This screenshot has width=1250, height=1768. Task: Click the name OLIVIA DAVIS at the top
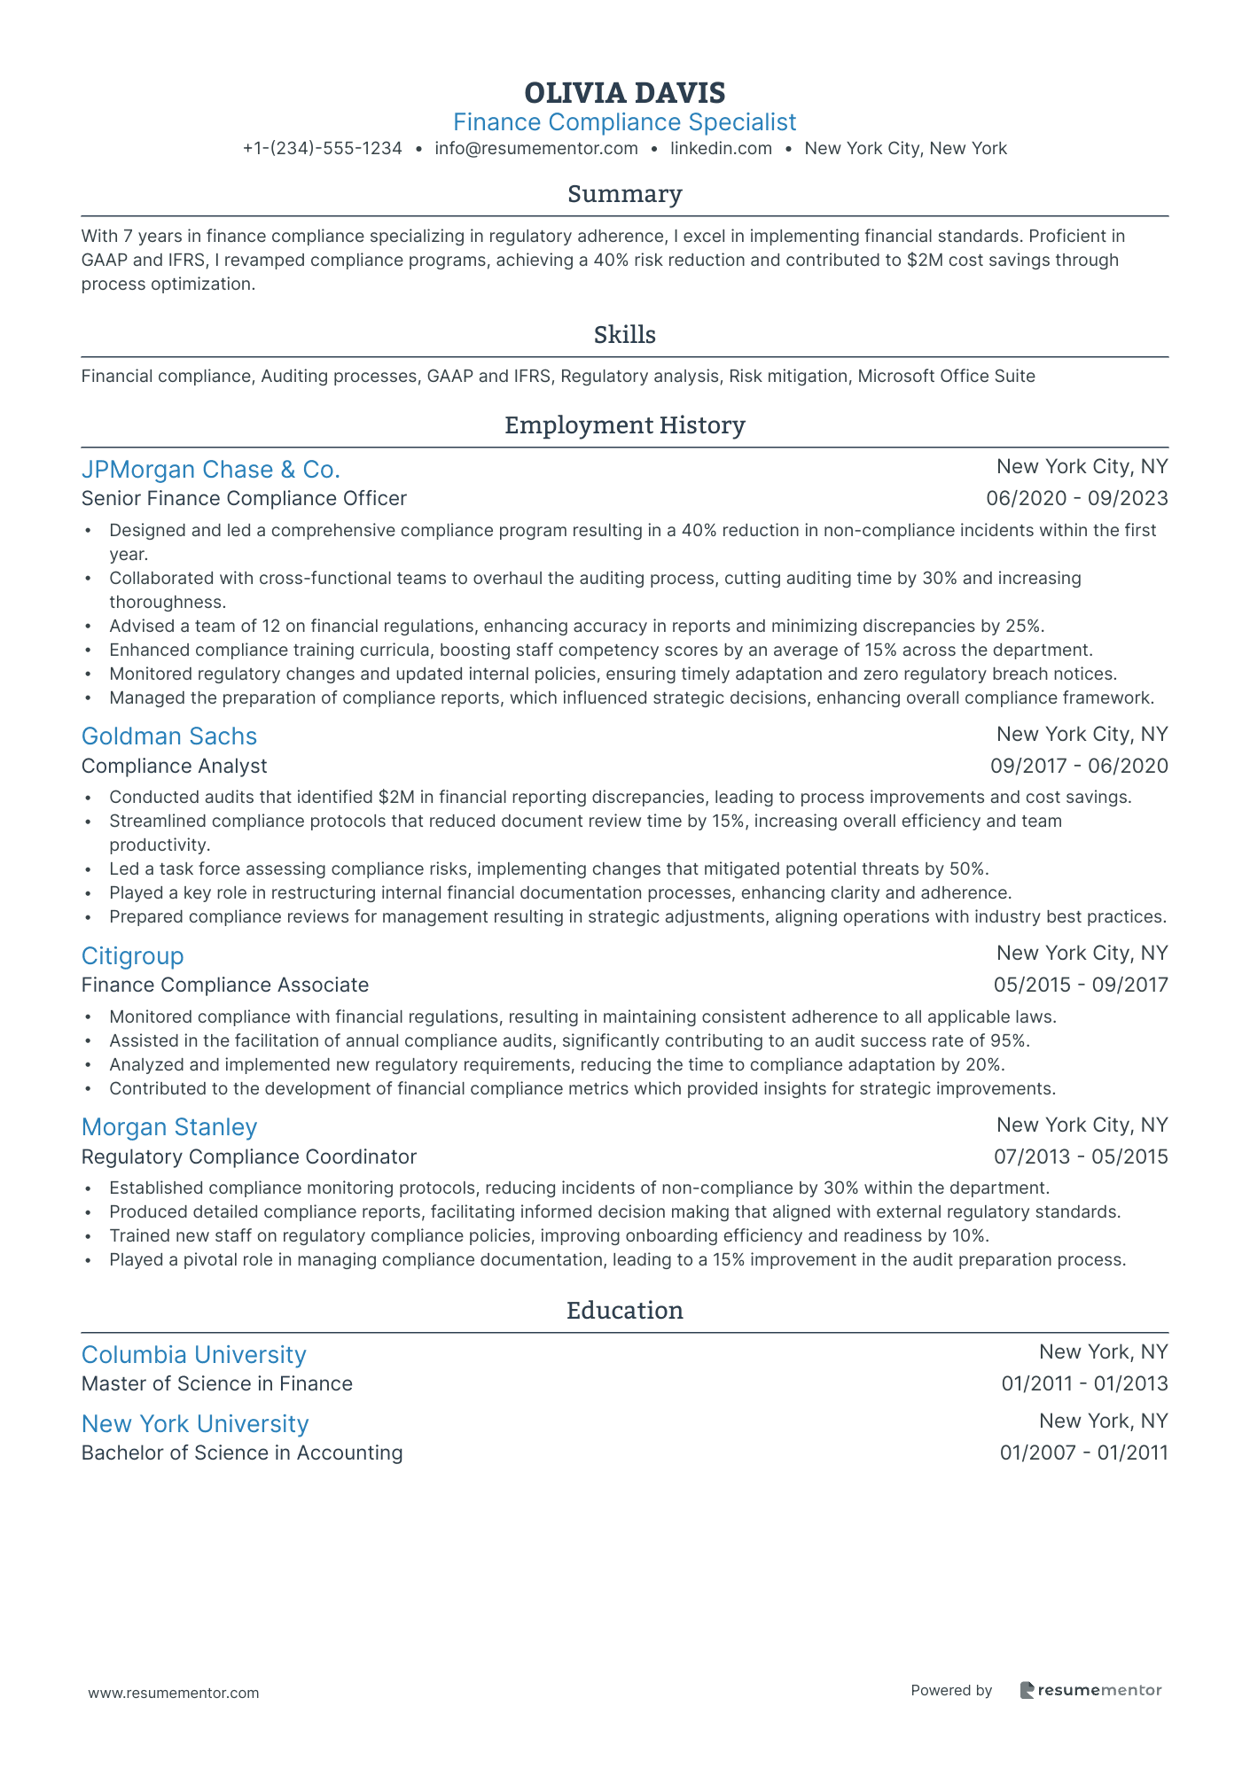(x=624, y=93)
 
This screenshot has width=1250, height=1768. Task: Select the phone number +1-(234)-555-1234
(x=322, y=149)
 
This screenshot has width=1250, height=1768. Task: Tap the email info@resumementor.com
(x=535, y=149)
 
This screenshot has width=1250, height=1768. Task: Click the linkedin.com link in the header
(x=721, y=149)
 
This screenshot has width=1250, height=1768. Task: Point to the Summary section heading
(x=624, y=194)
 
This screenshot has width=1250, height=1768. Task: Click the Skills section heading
(x=624, y=335)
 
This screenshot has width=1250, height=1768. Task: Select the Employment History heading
(x=624, y=425)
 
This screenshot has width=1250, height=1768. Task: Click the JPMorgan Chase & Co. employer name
(x=210, y=470)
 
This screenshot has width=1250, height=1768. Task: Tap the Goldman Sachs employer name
(x=168, y=736)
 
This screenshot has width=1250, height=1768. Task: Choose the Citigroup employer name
(x=132, y=956)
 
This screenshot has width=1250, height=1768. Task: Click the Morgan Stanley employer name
(x=168, y=1127)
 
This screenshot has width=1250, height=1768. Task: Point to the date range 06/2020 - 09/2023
(x=1076, y=499)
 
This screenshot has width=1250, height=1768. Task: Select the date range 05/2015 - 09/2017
(x=1080, y=985)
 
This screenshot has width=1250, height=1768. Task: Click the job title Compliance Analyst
(x=174, y=767)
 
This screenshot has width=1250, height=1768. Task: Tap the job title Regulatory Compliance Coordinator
(x=248, y=1157)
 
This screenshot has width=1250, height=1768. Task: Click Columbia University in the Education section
(x=193, y=1355)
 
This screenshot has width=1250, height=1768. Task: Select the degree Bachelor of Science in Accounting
(x=241, y=1453)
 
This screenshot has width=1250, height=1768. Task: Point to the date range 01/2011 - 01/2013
(x=1084, y=1384)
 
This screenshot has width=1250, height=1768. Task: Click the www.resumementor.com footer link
(x=174, y=1693)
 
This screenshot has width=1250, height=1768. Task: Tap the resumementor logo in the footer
(x=1090, y=1690)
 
